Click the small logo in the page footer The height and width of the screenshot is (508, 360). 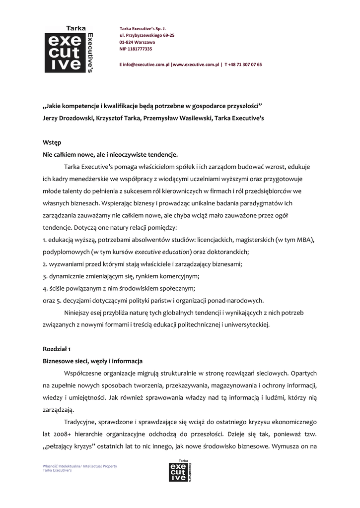(180, 471)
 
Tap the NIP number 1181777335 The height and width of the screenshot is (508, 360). (136, 49)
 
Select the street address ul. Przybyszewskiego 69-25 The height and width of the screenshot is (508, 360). (147, 36)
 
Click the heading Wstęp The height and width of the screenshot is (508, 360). (52, 142)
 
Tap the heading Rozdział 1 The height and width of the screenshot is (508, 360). (57, 349)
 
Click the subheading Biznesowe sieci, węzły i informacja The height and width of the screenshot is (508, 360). (93, 361)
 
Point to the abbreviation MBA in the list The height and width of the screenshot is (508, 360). (303, 240)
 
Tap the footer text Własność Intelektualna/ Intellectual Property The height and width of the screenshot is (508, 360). (80, 466)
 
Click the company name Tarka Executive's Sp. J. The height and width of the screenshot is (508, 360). (143, 29)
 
